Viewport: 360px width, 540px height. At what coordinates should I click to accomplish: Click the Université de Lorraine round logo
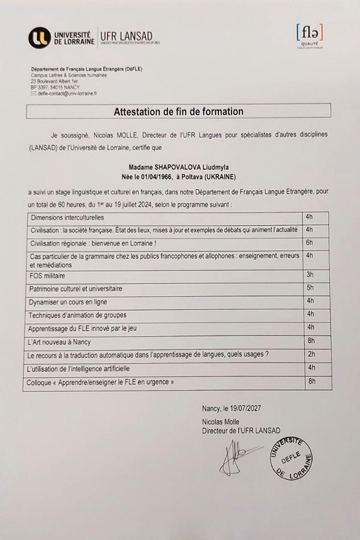39,38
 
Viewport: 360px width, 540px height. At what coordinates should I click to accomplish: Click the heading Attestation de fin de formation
179,112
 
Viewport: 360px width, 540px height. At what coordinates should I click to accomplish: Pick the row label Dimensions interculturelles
67,217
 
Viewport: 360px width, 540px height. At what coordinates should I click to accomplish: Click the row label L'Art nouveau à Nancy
59,342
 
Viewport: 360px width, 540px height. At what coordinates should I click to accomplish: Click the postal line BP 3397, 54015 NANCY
55,87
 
